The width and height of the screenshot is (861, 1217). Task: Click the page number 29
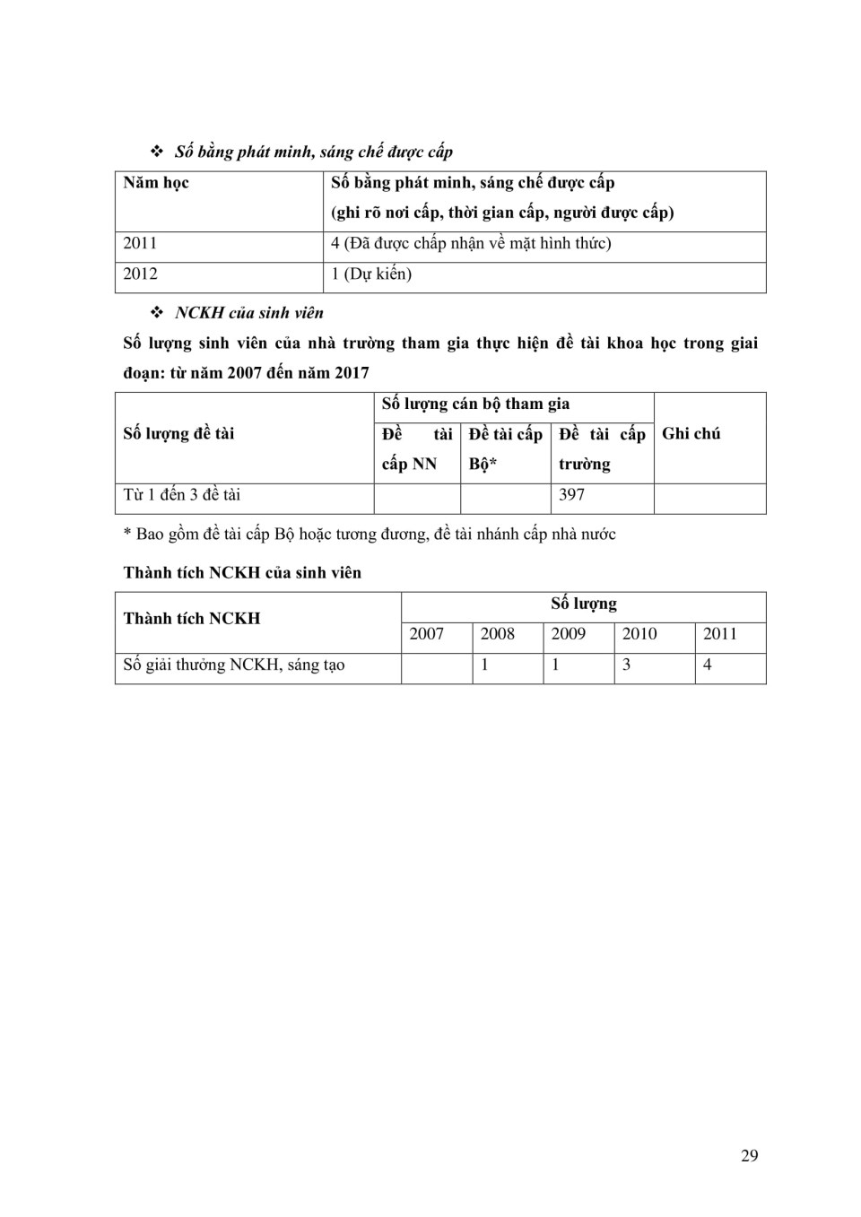coord(749,1155)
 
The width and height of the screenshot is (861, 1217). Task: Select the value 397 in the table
coord(571,494)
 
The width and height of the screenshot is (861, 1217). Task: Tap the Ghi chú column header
coord(691,433)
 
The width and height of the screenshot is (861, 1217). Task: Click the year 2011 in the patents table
coord(140,243)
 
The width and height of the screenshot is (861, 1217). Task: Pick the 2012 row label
coord(140,274)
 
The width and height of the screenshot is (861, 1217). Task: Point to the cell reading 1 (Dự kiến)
coord(371,274)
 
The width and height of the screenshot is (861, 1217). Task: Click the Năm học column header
coord(156,183)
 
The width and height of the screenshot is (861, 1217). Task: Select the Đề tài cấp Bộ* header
coord(505,448)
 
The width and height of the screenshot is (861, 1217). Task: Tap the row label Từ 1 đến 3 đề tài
coord(182,494)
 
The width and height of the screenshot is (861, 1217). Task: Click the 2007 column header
coord(427,634)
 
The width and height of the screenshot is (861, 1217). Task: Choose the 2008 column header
coord(498,634)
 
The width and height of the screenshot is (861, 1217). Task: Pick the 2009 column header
coord(569,634)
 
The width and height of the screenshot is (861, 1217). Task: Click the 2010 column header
coord(639,634)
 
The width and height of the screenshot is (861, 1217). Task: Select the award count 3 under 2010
coord(626,665)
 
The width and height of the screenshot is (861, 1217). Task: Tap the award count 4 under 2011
coord(708,665)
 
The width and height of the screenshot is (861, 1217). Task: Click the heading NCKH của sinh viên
coord(249,313)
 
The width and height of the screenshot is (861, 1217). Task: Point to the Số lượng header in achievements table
coord(584,604)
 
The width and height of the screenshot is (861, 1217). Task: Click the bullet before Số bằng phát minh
coord(157,151)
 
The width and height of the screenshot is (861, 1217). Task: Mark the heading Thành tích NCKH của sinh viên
coord(242,572)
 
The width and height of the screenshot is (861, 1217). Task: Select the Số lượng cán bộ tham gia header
coord(475,404)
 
